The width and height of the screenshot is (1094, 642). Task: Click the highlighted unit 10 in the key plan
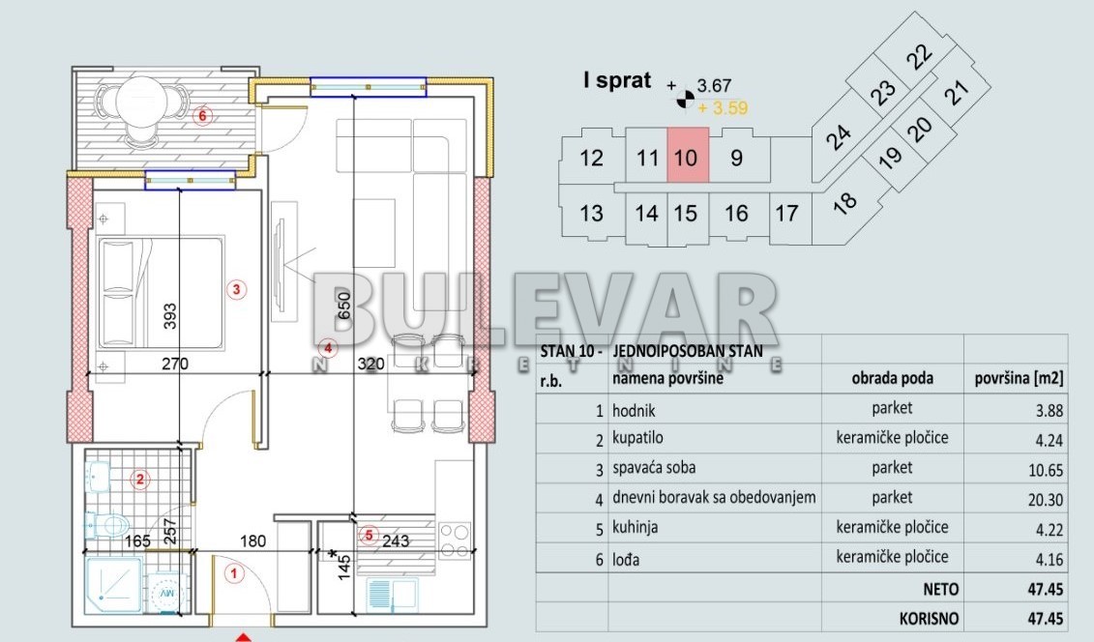686,157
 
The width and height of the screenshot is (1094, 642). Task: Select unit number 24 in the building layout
839,139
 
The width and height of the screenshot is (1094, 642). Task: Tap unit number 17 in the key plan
787,212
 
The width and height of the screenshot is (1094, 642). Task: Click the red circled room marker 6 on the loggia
201,117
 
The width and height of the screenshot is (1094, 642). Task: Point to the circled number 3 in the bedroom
234,288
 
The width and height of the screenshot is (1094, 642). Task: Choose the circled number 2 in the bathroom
139,479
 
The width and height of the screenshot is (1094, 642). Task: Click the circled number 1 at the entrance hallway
232,573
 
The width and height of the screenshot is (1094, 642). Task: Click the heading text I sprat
616,81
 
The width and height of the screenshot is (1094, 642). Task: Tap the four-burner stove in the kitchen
455,540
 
